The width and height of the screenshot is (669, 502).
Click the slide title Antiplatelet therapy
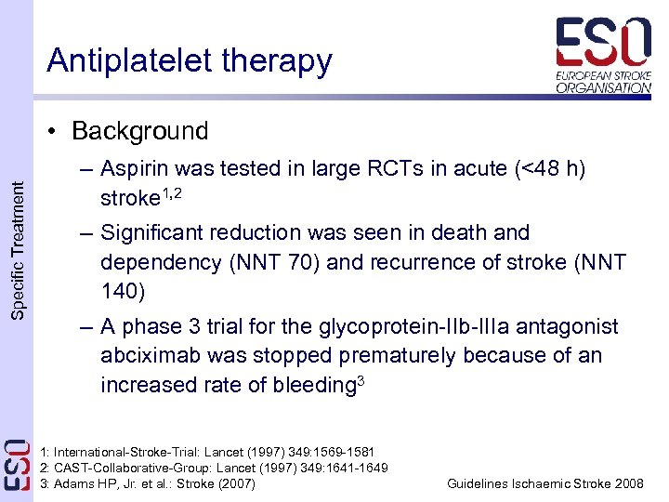[189, 60]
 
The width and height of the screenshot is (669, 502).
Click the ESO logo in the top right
[603, 55]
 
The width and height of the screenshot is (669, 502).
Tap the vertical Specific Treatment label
[17, 251]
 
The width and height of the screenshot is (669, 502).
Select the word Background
[139, 131]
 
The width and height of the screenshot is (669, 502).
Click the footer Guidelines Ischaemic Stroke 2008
[544, 483]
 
